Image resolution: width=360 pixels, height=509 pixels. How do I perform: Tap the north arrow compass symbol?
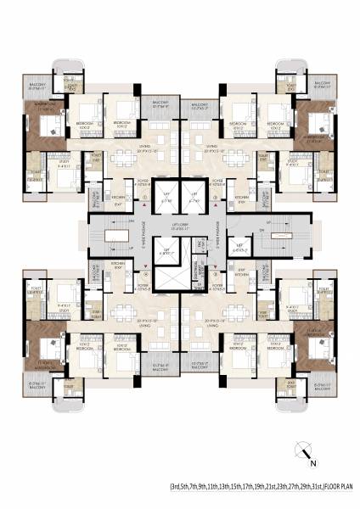(300, 452)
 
